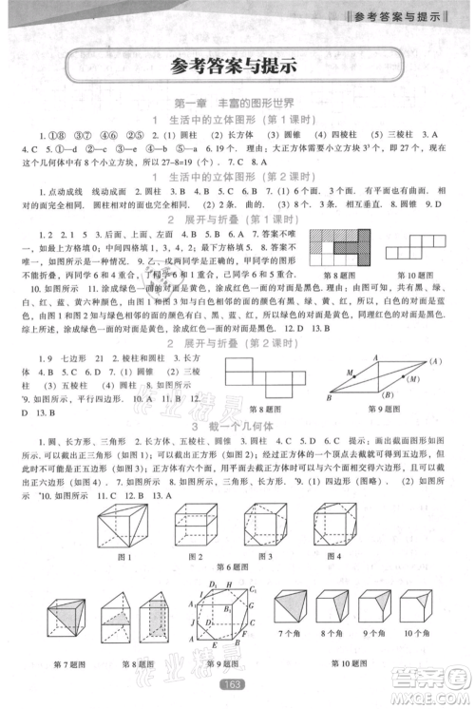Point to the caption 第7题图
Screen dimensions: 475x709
[x=72, y=663]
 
